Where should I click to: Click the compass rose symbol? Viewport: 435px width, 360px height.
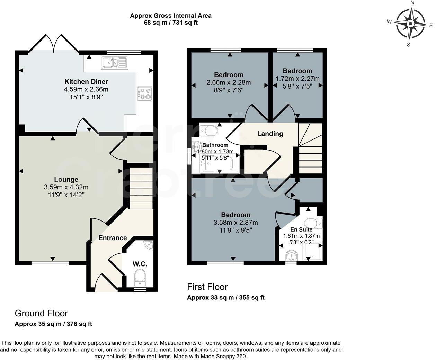coord(410,24)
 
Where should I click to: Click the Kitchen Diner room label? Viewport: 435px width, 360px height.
coord(86,82)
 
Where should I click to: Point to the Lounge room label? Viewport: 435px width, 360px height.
coord(66,179)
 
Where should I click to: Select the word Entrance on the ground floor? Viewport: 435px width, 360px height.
coord(113,238)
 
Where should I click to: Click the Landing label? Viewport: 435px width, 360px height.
coord(270,134)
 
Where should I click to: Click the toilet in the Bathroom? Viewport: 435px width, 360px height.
coord(209,131)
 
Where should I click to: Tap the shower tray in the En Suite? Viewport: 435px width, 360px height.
coord(313,251)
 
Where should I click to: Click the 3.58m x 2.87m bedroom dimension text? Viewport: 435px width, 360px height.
coord(236,222)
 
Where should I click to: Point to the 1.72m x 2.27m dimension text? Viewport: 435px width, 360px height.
coord(298,79)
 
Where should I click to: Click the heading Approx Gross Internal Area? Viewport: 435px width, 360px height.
coord(171,16)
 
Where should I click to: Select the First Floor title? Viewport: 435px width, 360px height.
coord(207,287)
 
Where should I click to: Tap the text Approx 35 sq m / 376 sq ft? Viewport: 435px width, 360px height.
coord(53,324)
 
